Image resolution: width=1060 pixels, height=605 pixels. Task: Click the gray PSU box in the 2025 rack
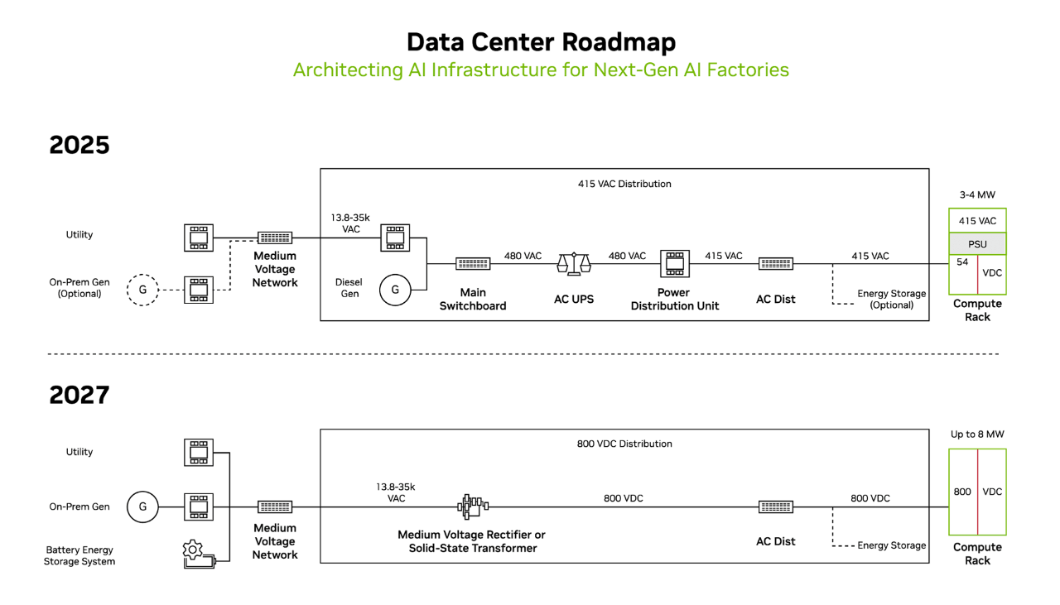click(977, 244)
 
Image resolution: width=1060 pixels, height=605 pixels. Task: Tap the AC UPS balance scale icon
click(574, 263)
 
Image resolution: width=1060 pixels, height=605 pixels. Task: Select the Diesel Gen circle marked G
click(395, 290)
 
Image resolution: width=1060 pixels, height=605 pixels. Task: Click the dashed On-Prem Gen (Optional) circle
click(142, 290)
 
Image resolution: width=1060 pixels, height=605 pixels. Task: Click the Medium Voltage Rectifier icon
click(472, 507)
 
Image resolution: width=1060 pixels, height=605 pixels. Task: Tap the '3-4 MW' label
click(977, 194)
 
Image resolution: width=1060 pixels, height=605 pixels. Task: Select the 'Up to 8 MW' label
click(977, 435)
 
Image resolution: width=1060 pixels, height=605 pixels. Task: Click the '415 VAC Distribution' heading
click(624, 184)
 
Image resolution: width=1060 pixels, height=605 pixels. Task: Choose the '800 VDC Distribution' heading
click(624, 444)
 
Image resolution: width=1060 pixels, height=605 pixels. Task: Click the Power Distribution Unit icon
click(675, 263)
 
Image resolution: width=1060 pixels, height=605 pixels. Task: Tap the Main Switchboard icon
click(473, 263)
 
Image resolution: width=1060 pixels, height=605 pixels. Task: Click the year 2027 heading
click(79, 395)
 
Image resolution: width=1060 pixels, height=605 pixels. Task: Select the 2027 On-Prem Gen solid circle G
click(142, 507)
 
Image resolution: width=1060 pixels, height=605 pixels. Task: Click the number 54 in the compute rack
click(962, 262)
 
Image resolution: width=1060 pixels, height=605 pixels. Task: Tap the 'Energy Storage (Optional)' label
click(892, 299)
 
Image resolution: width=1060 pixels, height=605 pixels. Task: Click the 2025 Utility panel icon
click(199, 238)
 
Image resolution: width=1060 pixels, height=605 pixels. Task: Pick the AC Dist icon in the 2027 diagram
click(776, 507)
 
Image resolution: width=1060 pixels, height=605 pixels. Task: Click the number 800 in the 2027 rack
click(962, 492)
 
